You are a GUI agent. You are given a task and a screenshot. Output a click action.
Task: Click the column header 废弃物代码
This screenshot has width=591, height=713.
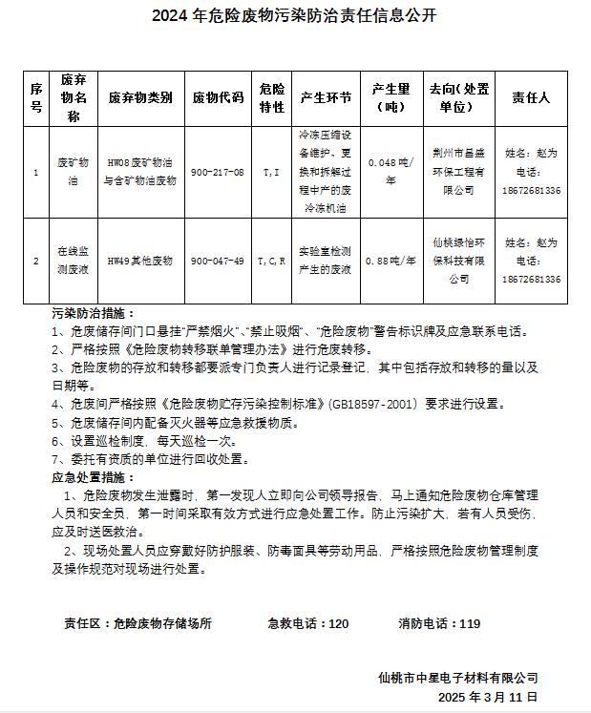218,97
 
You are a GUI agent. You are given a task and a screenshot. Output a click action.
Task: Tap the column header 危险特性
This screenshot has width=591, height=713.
271,97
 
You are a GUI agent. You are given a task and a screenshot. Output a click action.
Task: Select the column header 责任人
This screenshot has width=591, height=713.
531,97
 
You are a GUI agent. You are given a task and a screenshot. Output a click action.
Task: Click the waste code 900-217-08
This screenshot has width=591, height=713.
218,172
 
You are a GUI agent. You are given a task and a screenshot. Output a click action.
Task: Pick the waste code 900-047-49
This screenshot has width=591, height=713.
218,261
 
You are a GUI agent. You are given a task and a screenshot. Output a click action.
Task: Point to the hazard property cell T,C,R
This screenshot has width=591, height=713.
271,261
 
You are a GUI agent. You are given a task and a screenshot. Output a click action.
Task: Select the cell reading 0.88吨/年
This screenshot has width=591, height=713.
391,261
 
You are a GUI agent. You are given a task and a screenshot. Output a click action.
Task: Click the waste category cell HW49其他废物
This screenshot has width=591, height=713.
139,261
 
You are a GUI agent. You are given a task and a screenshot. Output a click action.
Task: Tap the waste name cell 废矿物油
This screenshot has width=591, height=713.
74,172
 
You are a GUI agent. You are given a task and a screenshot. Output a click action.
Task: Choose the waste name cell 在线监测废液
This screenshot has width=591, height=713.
74,260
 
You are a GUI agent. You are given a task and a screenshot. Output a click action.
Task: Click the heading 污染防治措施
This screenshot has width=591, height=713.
93,313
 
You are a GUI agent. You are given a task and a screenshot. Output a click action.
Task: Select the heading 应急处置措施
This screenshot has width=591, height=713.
93,477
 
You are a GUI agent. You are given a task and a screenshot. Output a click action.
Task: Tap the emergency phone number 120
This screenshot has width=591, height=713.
338,623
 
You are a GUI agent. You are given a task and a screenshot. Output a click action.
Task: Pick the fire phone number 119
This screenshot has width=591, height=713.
470,623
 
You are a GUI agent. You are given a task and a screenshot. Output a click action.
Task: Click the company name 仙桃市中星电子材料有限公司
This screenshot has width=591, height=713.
457,678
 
